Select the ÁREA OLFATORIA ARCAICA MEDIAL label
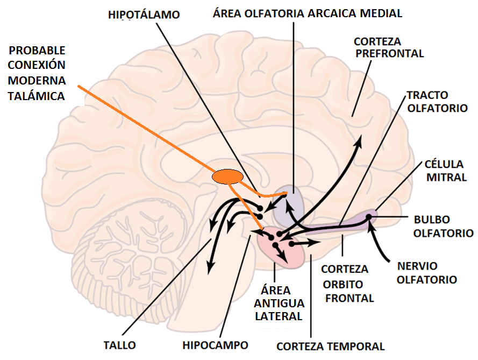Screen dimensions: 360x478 [x=307, y=13]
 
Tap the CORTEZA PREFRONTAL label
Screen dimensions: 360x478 [x=389, y=47]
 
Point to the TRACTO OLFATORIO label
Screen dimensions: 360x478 [x=437, y=101]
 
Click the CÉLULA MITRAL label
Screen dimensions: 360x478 [x=445, y=170]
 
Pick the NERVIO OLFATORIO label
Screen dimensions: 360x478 [x=427, y=273]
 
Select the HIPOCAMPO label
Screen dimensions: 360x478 [x=215, y=345]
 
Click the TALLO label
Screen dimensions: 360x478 [x=119, y=345]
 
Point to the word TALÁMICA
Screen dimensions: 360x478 [x=36, y=96]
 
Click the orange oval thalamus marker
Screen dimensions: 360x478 [x=227, y=176]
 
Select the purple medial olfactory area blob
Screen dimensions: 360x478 [x=288, y=207]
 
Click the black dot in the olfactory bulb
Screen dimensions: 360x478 [x=369, y=217]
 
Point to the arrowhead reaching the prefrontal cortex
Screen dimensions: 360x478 [x=359, y=141]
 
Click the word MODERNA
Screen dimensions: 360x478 [x=37, y=81]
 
